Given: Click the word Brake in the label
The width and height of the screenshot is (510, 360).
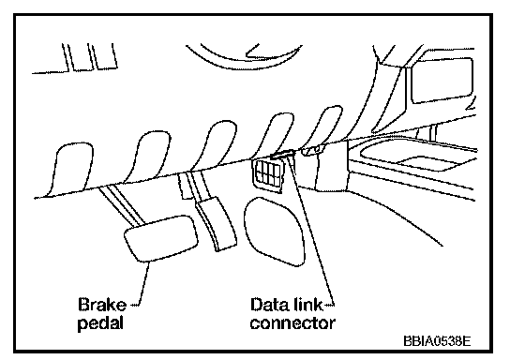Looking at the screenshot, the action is (x=102, y=305).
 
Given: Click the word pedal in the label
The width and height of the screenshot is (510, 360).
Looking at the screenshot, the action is (x=101, y=323).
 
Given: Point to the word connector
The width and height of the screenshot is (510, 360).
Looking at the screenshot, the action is (x=292, y=322).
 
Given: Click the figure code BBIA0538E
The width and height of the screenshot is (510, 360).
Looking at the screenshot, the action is (x=437, y=341).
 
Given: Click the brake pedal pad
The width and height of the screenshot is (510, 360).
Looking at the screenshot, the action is (x=161, y=238).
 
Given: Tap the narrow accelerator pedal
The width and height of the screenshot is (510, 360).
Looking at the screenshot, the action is (x=216, y=224).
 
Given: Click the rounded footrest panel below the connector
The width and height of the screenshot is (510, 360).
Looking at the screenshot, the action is (x=274, y=231).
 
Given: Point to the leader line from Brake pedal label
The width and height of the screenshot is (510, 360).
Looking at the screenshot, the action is (x=143, y=284).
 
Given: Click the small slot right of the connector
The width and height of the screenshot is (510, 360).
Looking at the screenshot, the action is (x=313, y=150).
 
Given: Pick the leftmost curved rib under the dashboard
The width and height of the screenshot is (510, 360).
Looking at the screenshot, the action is (x=70, y=169).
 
